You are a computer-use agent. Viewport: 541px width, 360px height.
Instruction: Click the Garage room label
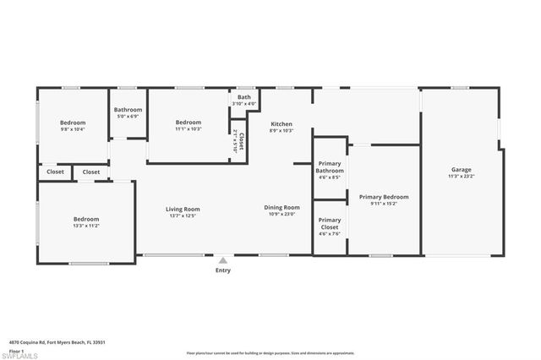click(462, 170)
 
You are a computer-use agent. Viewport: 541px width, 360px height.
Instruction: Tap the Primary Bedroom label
click(378, 197)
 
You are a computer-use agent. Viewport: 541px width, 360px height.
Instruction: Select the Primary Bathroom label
click(329, 167)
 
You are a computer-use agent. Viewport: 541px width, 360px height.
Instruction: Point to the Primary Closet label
click(329, 223)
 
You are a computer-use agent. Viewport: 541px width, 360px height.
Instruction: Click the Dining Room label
click(282, 207)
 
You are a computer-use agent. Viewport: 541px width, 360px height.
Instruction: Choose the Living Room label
click(182, 209)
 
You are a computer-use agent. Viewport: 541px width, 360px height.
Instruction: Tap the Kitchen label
click(281, 123)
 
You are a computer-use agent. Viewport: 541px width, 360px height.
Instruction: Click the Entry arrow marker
click(222, 260)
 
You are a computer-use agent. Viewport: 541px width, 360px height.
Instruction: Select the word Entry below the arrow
click(222, 270)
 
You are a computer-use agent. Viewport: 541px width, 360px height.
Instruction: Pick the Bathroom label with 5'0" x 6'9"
click(128, 110)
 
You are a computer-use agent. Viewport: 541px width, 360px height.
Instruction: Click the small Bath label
click(243, 97)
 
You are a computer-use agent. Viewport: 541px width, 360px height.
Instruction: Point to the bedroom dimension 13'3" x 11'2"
click(86, 226)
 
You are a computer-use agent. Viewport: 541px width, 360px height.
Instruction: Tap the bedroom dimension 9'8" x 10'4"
click(74, 129)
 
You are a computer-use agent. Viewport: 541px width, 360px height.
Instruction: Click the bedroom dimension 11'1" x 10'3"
click(188, 128)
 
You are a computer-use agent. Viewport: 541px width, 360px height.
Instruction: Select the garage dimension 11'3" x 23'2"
click(462, 176)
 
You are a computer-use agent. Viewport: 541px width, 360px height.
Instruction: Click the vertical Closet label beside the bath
click(241, 141)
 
